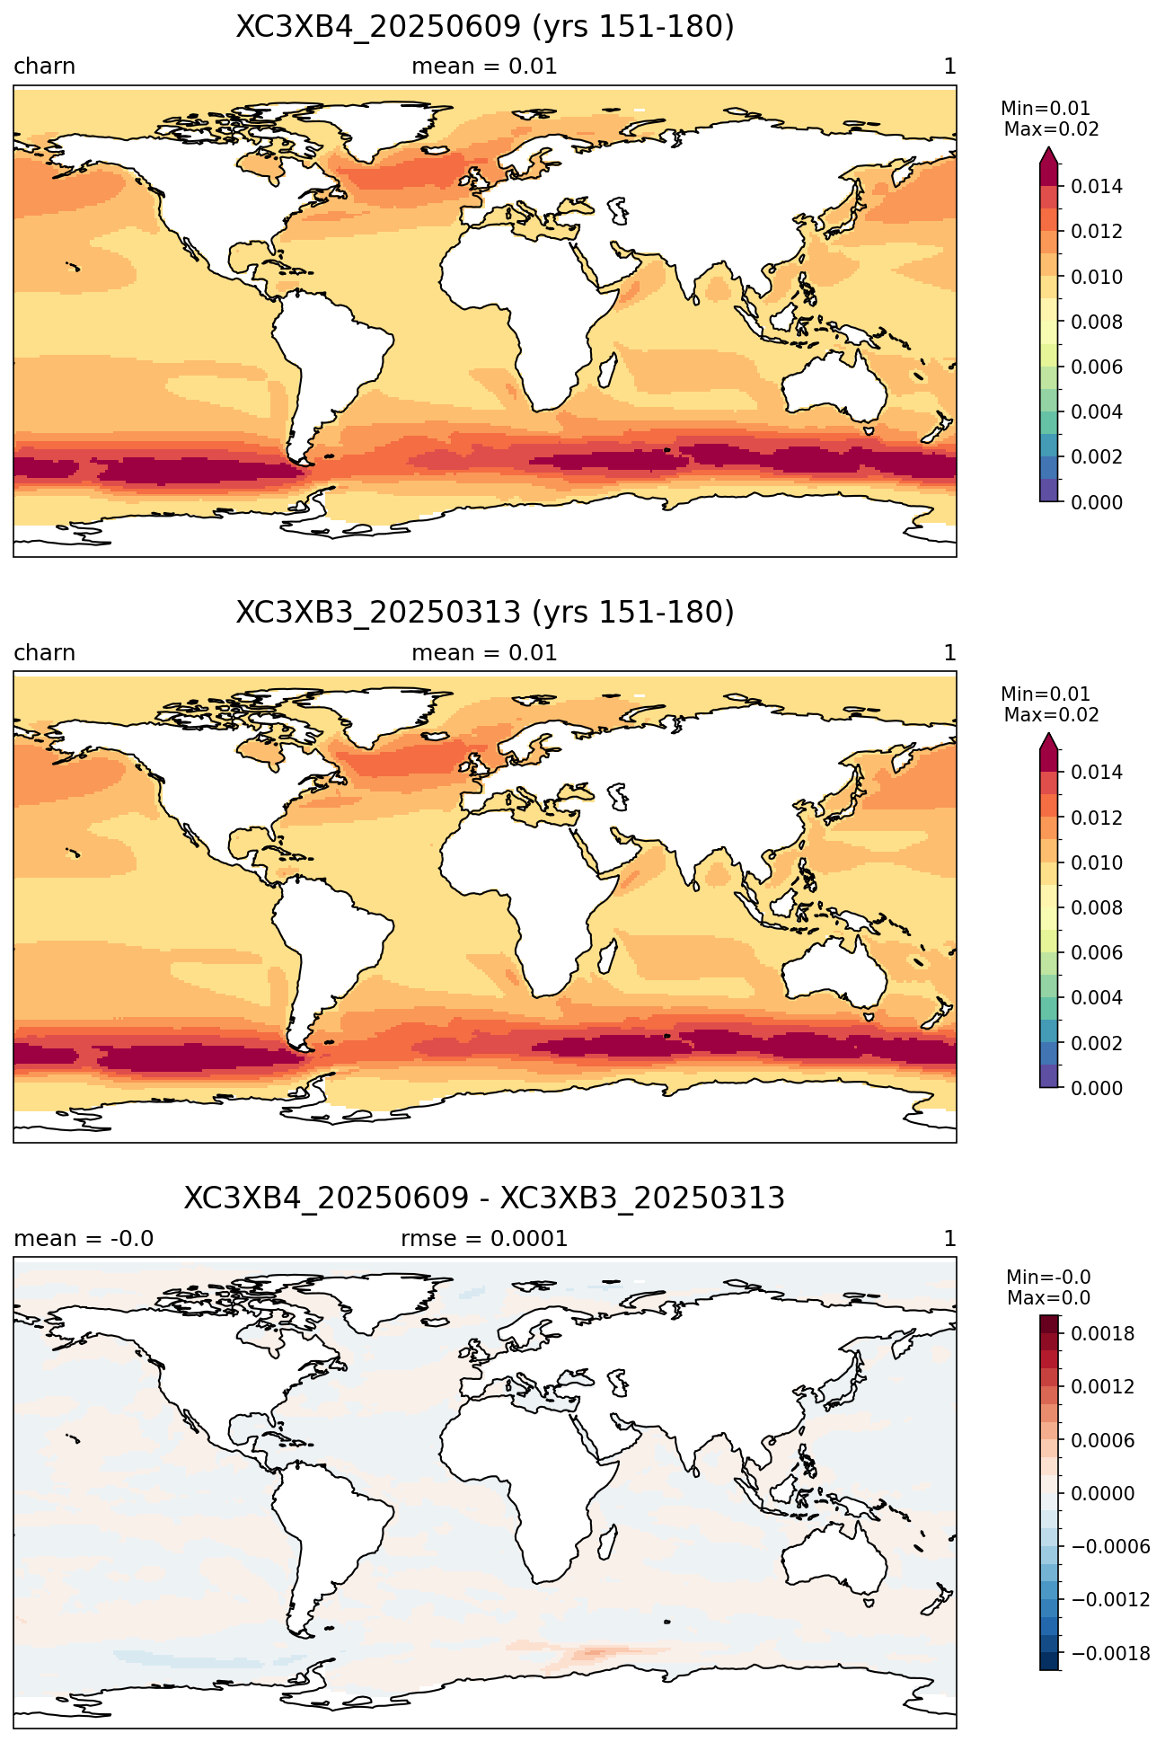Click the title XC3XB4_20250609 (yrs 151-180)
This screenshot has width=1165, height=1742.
485,27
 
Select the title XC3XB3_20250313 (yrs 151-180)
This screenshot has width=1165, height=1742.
485,613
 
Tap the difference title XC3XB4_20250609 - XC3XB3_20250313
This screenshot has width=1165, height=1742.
485,1198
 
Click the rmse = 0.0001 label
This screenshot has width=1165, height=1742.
484,1239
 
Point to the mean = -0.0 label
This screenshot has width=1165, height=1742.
84,1239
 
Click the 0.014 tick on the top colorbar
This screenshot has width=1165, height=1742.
1097,187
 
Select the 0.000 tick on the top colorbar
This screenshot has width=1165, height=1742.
1097,502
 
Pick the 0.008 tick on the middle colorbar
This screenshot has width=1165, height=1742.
1097,907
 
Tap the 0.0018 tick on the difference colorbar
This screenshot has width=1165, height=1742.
1102,1334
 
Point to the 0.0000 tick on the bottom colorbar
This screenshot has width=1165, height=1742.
1102,1494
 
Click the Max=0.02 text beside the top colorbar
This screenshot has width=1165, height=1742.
1051,129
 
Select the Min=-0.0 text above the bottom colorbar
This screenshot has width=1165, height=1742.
1048,1278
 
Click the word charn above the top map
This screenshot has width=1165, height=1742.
44,66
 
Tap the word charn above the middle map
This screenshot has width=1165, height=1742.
44,653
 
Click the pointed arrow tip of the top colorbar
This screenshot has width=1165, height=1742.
1048,150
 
